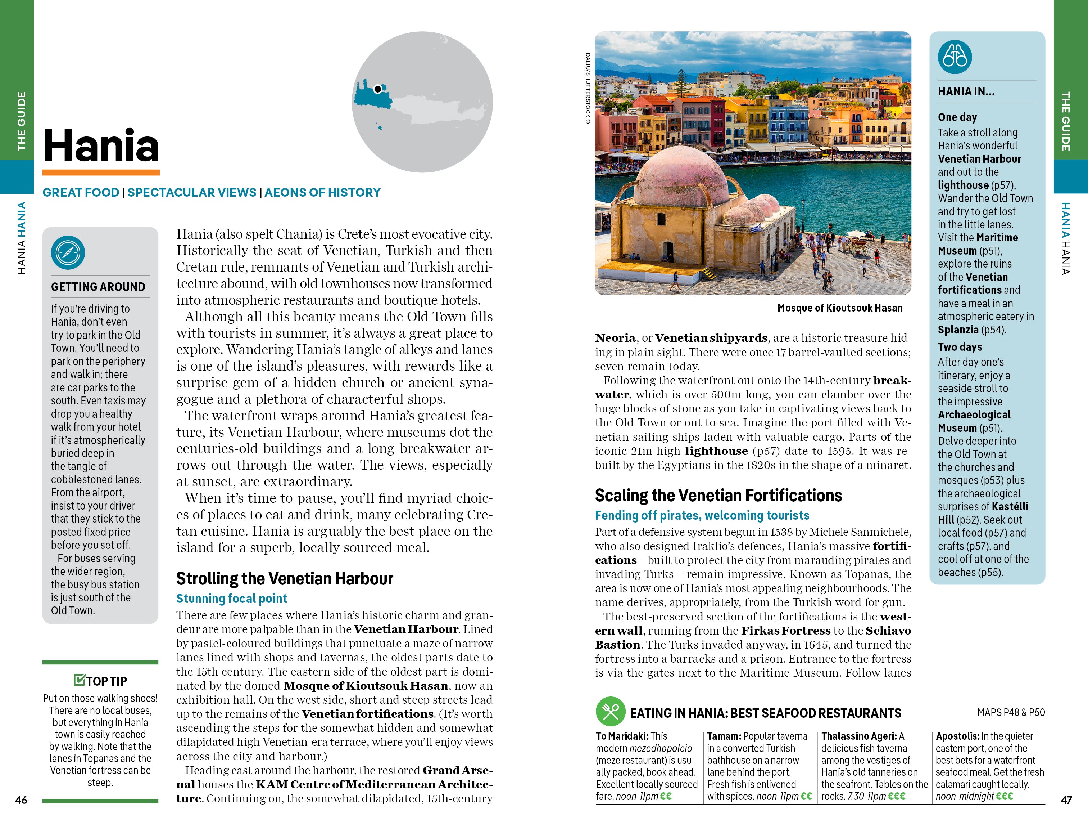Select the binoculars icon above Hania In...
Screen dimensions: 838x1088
coord(955,57)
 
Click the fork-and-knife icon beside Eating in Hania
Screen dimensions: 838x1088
coord(610,711)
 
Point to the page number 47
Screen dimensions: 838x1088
coord(1066,799)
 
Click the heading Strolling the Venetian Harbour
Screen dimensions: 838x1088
coord(285,578)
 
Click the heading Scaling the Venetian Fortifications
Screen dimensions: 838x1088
coord(718,495)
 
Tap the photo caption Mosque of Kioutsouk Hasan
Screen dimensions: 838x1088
coord(839,308)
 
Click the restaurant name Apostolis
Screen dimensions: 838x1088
coord(957,736)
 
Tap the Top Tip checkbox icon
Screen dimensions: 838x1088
coord(79,680)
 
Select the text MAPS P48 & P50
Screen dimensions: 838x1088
coord(1011,712)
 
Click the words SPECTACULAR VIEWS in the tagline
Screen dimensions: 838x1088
coord(192,192)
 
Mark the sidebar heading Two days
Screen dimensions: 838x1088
coord(960,346)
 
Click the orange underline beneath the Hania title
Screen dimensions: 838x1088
coord(101,172)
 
